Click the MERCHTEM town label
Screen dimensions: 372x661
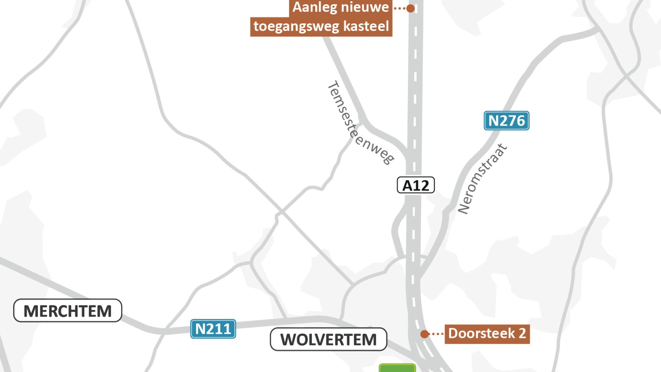(67, 311)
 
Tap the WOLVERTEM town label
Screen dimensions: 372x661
(328, 340)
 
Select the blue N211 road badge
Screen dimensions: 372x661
(213, 329)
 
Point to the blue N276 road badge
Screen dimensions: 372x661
(506, 121)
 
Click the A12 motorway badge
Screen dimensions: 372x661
(416, 185)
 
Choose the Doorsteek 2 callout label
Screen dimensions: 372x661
(487, 334)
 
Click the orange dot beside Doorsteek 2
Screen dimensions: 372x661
(424, 334)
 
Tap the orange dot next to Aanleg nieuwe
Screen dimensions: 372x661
(410, 8)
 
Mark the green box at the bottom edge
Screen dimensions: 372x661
(397, 368)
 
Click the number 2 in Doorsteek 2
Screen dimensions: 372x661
(522, 333)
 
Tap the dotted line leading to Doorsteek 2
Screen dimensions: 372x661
(437, 334)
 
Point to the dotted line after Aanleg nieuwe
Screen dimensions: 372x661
(399, 8)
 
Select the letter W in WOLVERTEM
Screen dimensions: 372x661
(288, 340)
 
